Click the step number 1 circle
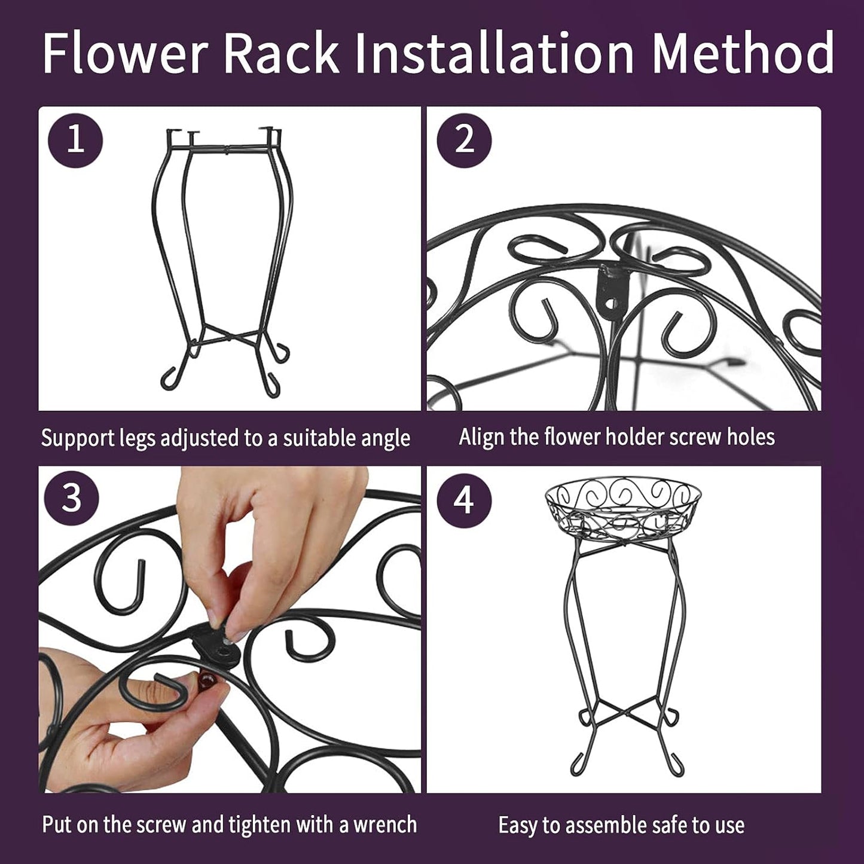click(x=75, y=141)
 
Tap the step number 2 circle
click(x=464, y=141)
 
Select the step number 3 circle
click(x=72, y=499)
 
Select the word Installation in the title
click(x=494, y=53)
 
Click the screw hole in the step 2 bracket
click(x=611, y=304)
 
